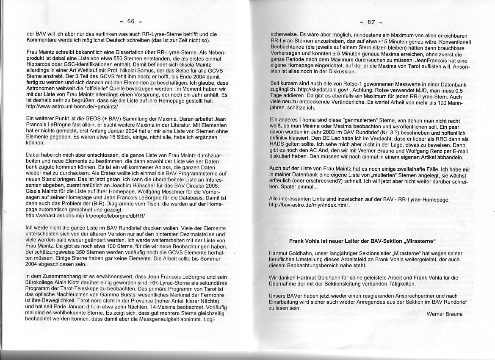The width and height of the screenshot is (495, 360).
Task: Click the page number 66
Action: (x=130, y=21)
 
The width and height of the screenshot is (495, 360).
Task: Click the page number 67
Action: (x=371, y=22)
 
